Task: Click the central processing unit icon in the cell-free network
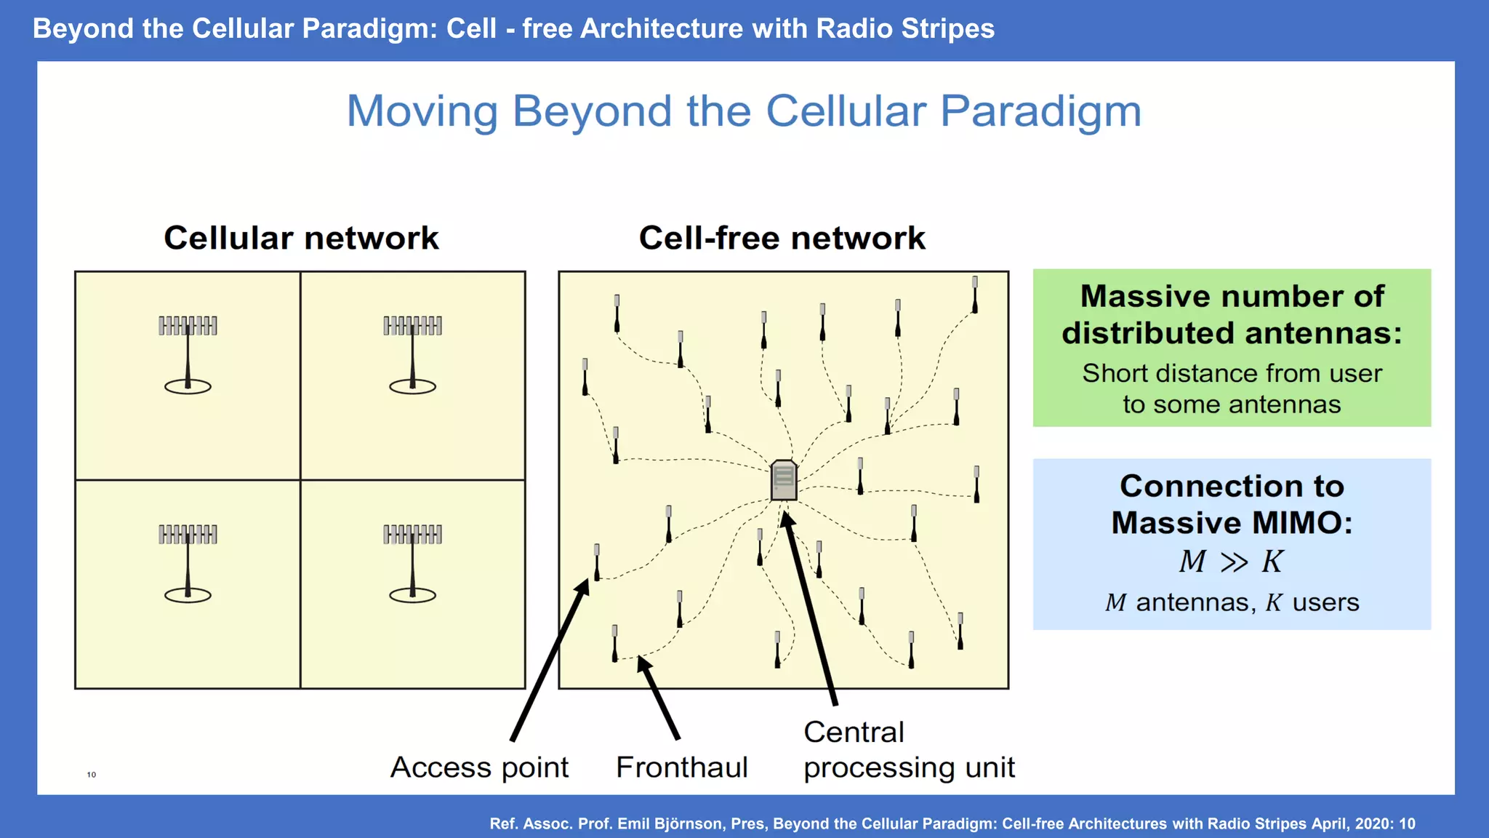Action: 783,480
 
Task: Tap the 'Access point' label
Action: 479,767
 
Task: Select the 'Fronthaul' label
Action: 681,767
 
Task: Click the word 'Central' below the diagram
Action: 854,732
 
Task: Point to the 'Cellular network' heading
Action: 301,238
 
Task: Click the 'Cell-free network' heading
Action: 782,238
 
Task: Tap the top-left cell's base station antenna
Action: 188,353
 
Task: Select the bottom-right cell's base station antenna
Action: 412,562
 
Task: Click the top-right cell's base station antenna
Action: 412,353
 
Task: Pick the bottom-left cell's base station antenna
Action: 188,562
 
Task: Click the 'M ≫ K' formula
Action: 1231,562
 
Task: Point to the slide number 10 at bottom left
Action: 92,774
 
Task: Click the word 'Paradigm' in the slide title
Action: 1040,111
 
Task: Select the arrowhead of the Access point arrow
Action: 584,586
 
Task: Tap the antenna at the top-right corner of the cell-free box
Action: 974,295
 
